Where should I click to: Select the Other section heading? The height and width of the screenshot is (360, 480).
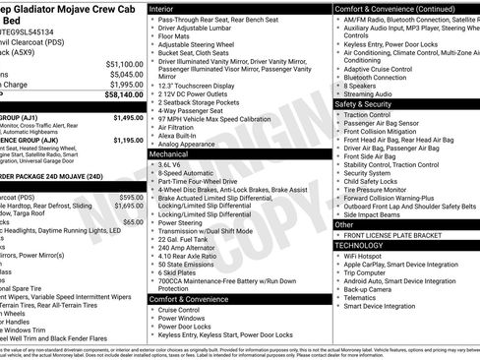pos(345,224)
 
